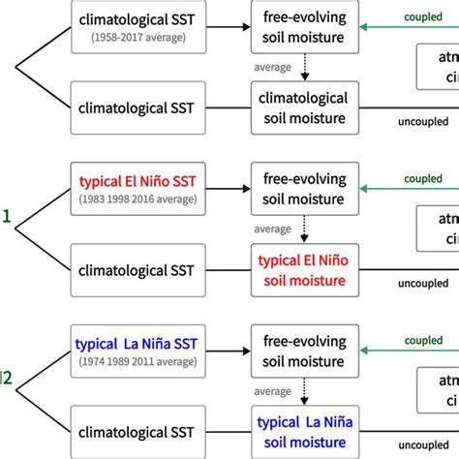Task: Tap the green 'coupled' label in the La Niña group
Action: click(x=422, y=341)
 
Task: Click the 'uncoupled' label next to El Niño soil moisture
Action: click(x=423, y=284)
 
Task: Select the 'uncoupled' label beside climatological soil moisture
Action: click(x=423, y=121)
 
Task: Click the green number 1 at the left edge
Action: click(x=6, y=219)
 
